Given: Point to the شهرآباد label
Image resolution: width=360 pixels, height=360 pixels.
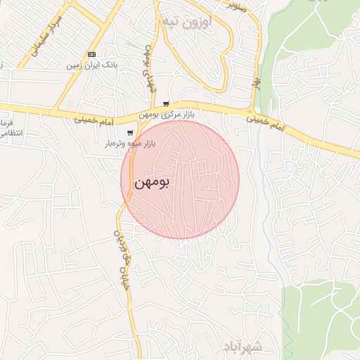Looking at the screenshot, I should (x=243, y=347).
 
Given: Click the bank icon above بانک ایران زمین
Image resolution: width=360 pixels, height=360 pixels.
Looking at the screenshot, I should (x=92, y=54).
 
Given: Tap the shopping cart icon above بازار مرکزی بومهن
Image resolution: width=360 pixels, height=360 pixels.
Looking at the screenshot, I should (x=166, y=103).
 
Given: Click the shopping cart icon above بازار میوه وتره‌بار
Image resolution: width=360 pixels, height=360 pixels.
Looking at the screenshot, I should (x=130, y=132).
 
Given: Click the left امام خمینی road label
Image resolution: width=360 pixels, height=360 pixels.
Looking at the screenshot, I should (x=96, y=121).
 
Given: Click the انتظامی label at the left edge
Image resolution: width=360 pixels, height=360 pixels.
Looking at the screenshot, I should (x=11, y=133).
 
